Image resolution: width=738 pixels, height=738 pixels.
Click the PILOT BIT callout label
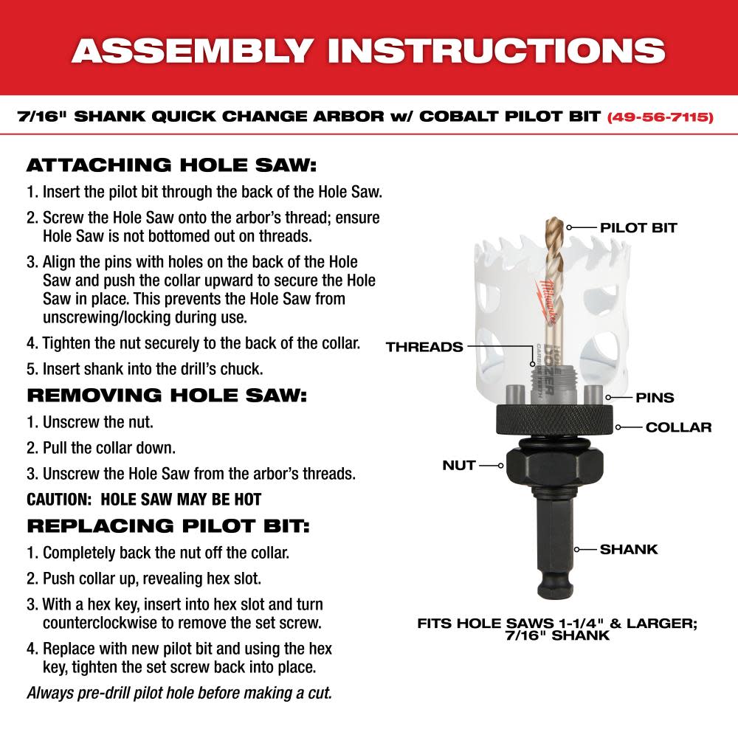pos(638,227)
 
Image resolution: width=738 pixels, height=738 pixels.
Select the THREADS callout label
pos(424,347)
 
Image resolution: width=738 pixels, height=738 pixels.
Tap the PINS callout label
pos(655,398)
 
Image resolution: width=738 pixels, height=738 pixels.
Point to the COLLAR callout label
pos(678,427)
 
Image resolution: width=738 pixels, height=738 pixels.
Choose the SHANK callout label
pos(629,549)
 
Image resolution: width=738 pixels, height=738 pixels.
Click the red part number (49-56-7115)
pos(660,117)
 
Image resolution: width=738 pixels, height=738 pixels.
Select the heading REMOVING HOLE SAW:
pos(166,394)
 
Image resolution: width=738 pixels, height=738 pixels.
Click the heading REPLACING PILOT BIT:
pos(168,525)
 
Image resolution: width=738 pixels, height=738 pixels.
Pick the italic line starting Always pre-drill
pos(179,693)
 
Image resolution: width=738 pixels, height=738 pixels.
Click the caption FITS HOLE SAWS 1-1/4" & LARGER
pos(557,623)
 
